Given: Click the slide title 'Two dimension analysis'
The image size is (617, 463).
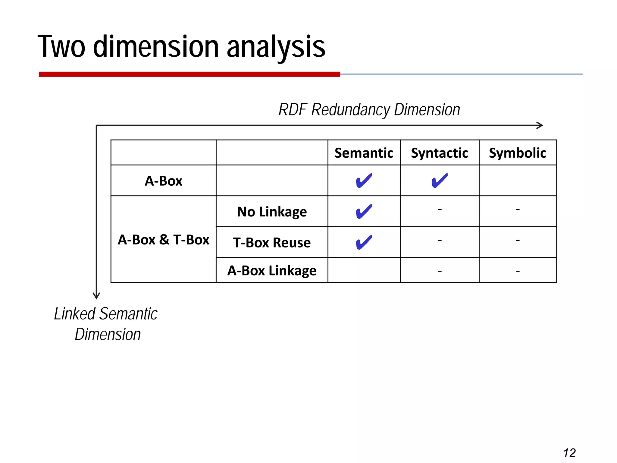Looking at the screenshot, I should click(x=181, y=47).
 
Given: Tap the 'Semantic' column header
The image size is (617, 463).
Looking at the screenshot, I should click(x=364, y=153).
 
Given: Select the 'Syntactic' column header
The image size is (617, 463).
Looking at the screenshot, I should click(x=439, y=153).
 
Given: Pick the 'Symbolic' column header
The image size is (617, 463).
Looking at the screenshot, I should click(x=517, y=153).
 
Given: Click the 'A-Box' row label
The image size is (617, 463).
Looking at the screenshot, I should click(x=163, y=181).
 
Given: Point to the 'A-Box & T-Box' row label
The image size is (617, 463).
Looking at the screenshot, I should click(x=163, y=240).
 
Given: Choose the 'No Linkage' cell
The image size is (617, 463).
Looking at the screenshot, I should click(x=272, y=212).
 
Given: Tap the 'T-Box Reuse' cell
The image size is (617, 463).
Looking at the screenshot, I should click(x=272, y=243).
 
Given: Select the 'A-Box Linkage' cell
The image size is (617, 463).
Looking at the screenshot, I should click(x=272, y=270).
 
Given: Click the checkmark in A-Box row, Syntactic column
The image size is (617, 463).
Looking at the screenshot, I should click(x=439, y=181).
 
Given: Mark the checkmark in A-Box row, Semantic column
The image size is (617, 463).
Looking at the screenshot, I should click(x=364, y=181).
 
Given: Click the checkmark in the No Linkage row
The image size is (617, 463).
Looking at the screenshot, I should click(x=364, y=212).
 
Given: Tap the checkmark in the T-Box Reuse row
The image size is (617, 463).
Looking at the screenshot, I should click(x=364, y=243).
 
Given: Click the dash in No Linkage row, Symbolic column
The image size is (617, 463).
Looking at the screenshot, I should click(x=517, y=209).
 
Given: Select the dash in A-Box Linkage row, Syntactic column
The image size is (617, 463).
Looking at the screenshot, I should click(x=439, y=271).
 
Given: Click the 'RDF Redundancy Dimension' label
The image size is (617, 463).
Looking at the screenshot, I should click(x=369, y=110).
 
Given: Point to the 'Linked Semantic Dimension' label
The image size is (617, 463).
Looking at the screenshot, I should click(x=106, y=324).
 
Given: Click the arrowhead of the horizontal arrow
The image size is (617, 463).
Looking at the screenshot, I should click(x=540, y=125).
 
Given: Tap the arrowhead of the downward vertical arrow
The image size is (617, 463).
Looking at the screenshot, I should click(x=96, y=296).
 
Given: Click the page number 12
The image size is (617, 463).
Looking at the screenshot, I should click(x=569, y=453).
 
